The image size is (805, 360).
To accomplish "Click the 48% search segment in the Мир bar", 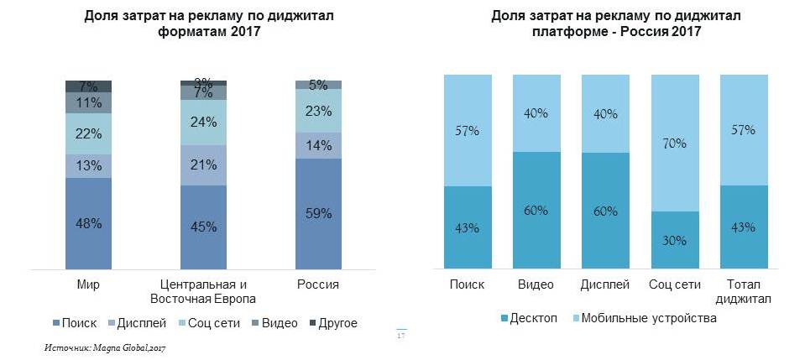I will pyautogui.click(x=89, y=223).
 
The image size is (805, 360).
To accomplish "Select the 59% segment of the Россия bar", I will pyautogui.click(x=317, y=213).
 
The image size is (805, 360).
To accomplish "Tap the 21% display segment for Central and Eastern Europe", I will pyautogui.click(x=203, y=165).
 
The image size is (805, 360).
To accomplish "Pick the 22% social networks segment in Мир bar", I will pyautogui.click(x=89, y=134).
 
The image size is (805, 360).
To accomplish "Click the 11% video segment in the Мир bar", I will pyautogui.click(x=89, y=102).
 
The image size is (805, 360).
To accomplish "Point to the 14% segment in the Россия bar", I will pyautogui.click(x=317, y=145).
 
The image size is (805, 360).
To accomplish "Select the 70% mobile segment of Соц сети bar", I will pyautogui.click(x=674, y=143).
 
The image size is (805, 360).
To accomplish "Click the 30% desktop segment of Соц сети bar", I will pyautogui.click(x=674, y=240).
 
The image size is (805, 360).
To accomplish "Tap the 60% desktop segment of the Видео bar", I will pyautogui.click(x=536, y=211).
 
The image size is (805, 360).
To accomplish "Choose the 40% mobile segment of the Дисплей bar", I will pyautogui.click(x=605, y=113).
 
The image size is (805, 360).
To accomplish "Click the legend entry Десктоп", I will pyautogui.click(x=530, y=319).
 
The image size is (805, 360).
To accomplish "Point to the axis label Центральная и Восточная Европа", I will pyautogui.click(x=203, y=291).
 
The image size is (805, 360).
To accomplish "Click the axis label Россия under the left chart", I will pyautogui.click(x=317, y=284).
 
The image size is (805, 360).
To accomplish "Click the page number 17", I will pyautogui.click(x=400, y=337).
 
